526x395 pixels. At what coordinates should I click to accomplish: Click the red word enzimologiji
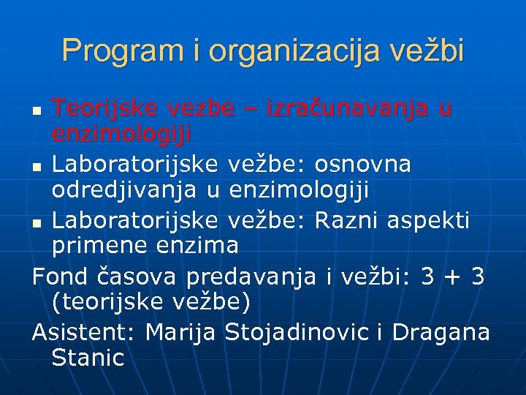[121, 135]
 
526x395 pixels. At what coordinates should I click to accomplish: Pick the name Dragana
[441, 332]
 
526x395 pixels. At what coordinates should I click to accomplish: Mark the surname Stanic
[88, 358]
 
